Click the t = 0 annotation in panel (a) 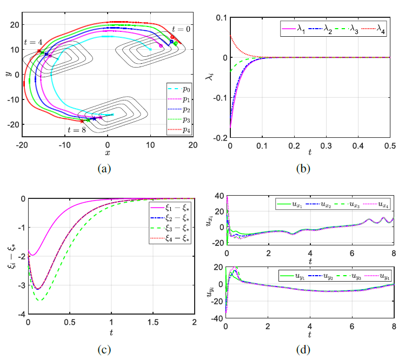(x=181, y=29)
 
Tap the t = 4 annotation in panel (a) (x=33, y=42)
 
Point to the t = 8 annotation (x=77, y=130)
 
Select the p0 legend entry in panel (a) (x=179, y=89)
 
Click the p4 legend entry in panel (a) (x=179, y=130)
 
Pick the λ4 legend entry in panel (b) (x=373, y=29)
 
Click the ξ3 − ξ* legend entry (x=170, y=228)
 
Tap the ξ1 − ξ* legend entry (x=170, y=208)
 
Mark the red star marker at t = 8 (x=82, y=121)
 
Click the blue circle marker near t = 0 (x=171, y=42)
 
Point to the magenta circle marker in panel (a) (x=161, y=46)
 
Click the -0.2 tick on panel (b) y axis (x=220, y=138)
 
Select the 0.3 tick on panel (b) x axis (x=326, y=146)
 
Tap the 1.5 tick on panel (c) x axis (x=153, y=322)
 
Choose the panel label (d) (x=303, y=350)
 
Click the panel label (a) (x=104, y=169)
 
